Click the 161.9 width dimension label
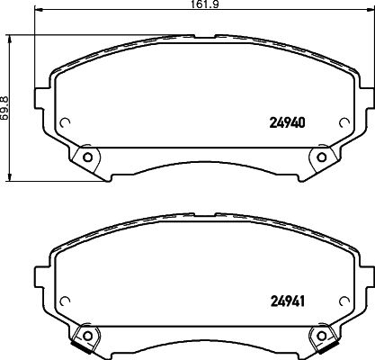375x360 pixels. pos(204,4)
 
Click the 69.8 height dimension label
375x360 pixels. pos(4,108)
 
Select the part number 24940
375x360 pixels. pos(288,122)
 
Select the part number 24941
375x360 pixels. pos(288,301)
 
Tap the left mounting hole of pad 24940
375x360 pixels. pos(87,157)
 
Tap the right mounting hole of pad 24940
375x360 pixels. pos(322,157)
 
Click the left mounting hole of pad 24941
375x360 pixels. pos(87,335)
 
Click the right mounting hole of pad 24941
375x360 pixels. pos(322,335)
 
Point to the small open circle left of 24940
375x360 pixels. pos(65,122)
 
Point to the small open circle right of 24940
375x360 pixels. pos(344,122)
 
